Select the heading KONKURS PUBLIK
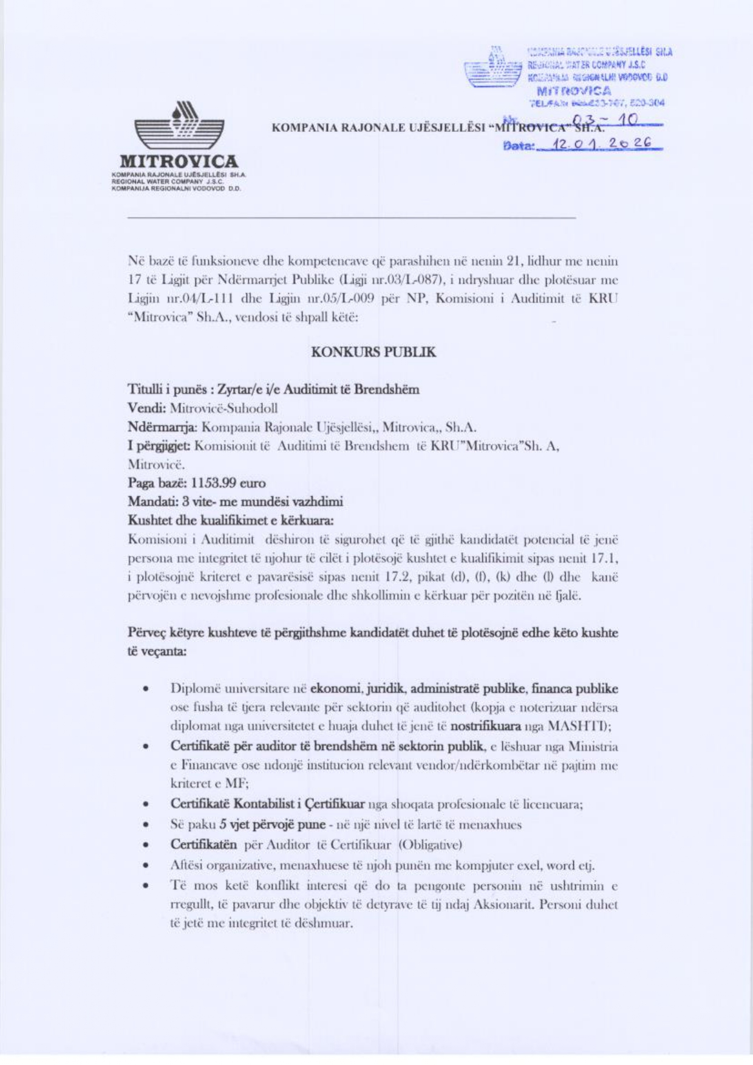373,352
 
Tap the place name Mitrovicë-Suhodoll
224,408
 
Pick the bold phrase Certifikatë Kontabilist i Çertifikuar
267,805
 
